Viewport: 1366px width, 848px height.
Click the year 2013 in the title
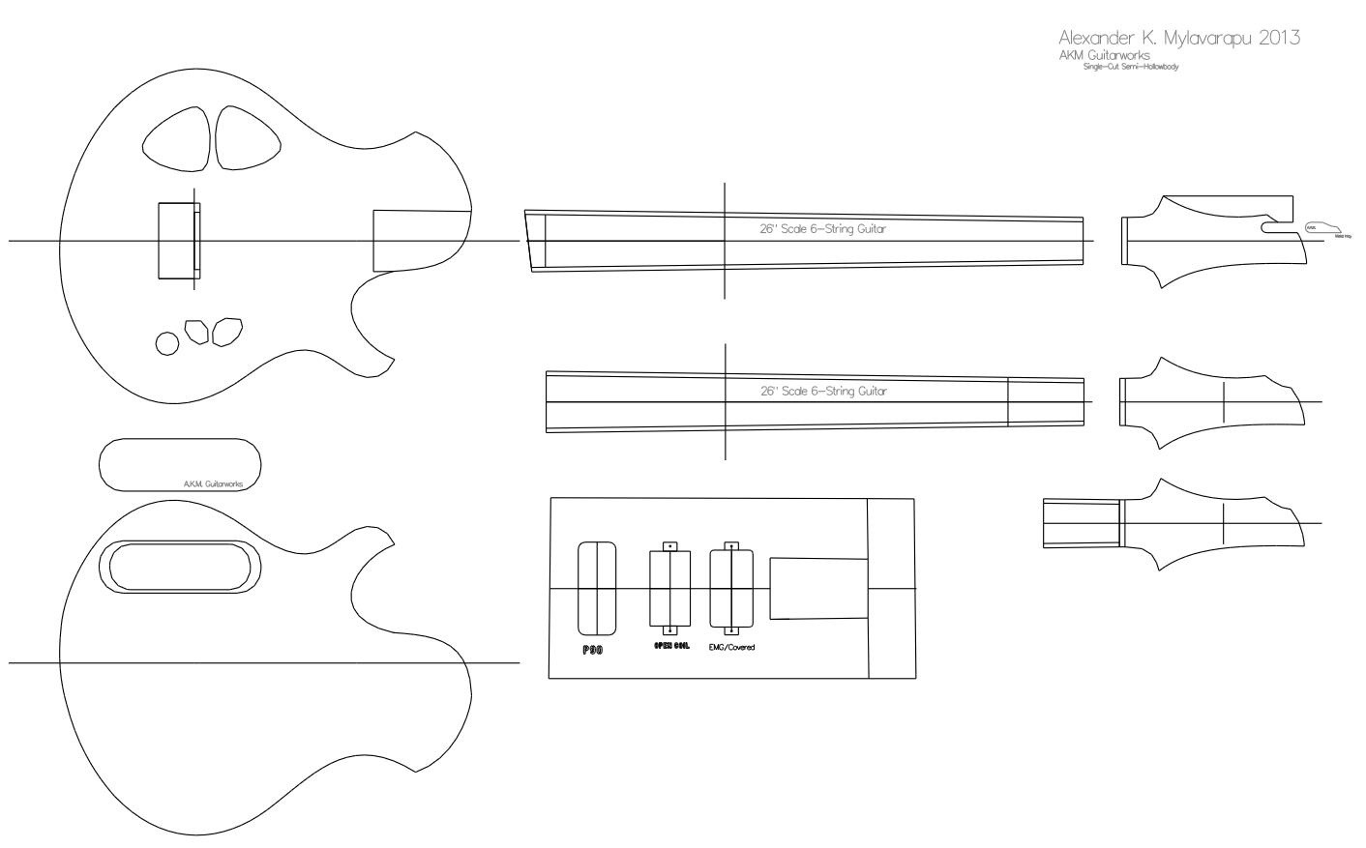[1272, 39]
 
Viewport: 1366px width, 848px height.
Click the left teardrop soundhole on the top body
[177, 138]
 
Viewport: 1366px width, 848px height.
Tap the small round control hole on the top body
[166, 342]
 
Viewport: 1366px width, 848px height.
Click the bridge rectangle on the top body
[179, 241]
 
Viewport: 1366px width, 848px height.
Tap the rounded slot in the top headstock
[1279, 227]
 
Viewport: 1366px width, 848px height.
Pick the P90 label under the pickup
[592, 650]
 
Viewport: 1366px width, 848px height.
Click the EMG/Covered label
[731, 647]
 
